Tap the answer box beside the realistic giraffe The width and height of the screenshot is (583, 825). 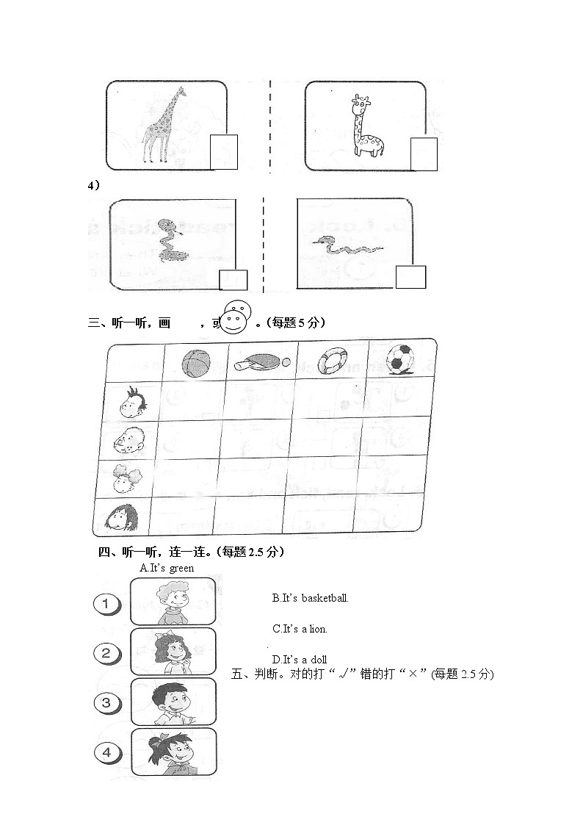(x=224, y=152)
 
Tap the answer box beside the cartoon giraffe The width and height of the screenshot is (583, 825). (x=424, y=154)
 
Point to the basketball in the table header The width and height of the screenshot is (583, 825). (x=195, y=361)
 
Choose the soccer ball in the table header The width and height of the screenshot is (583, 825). (x=400, y=359)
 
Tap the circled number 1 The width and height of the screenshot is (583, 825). (x=107, y=605)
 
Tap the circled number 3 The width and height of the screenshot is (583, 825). (x=107, y=703)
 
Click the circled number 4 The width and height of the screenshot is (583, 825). (x=107, y=752)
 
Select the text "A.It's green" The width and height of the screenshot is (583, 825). (x=167, y=568)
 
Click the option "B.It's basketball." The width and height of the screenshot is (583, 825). (x=310, y=598)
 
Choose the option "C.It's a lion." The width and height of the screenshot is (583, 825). (x=300, y=629)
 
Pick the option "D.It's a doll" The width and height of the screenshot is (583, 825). (x=299, y=659)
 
